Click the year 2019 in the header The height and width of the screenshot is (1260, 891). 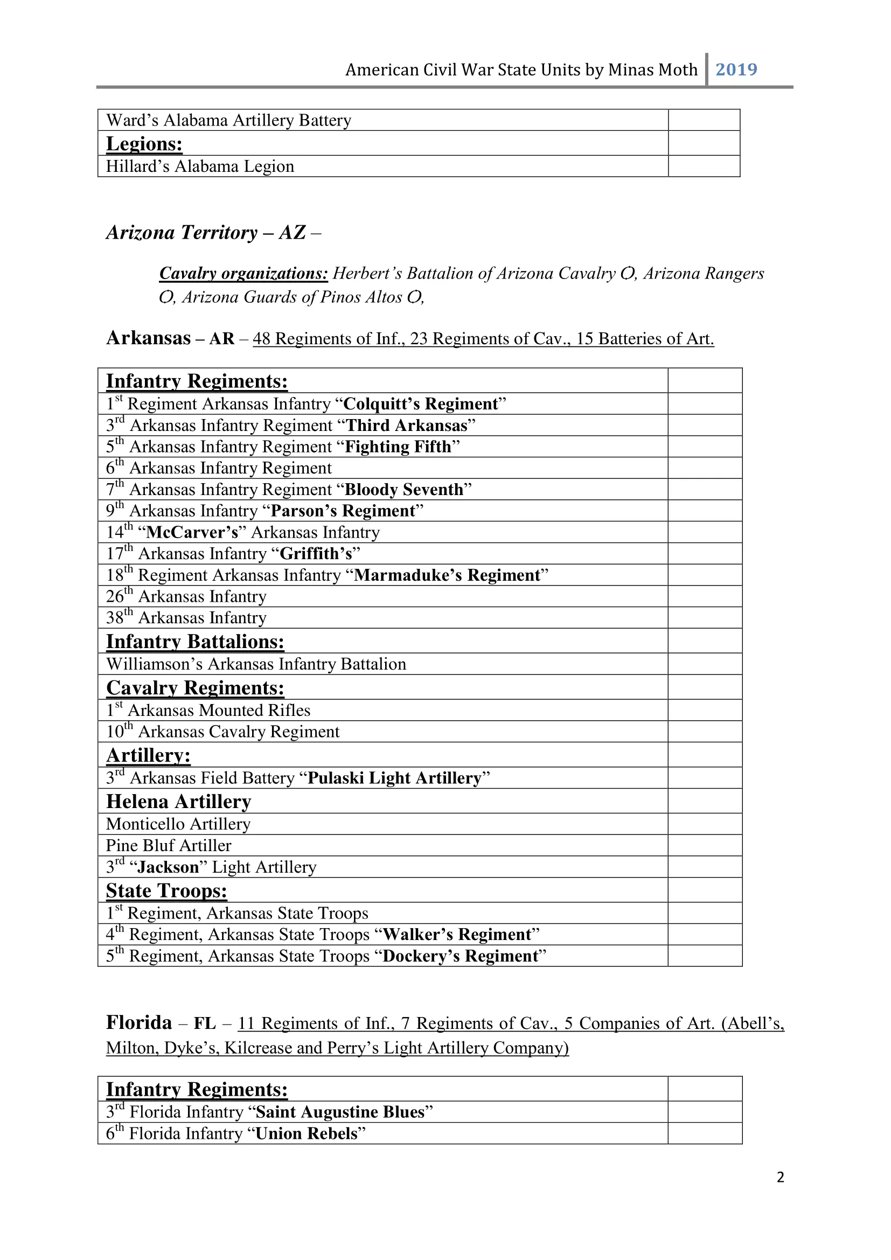pos(736,69)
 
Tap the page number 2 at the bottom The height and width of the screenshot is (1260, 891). pos(780,1177)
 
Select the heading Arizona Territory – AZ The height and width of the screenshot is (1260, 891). pos(213,233)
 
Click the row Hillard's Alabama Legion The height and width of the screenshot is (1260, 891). pos(200,166)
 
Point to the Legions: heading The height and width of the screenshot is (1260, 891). pos(144,144)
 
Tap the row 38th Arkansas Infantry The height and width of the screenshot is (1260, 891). pos(186,618)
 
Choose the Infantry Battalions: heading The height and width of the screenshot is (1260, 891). pos(195,642)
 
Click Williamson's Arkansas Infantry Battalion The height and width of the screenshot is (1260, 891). pos(256,664)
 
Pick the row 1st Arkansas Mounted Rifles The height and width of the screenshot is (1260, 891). pos(208,710)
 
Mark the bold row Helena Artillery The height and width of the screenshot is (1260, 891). pos(178,802)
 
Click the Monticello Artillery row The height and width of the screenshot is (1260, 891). pos(178,824)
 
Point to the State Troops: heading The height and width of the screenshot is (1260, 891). pos(166,890)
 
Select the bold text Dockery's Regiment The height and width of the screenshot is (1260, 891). pos(460,956)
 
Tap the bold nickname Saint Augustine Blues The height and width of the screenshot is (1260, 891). pos(340,1112)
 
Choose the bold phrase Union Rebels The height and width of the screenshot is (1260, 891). pos(307,1133)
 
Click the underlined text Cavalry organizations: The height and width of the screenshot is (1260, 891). pos(243,273)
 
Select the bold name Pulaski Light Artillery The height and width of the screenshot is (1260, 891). pos(394,778)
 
